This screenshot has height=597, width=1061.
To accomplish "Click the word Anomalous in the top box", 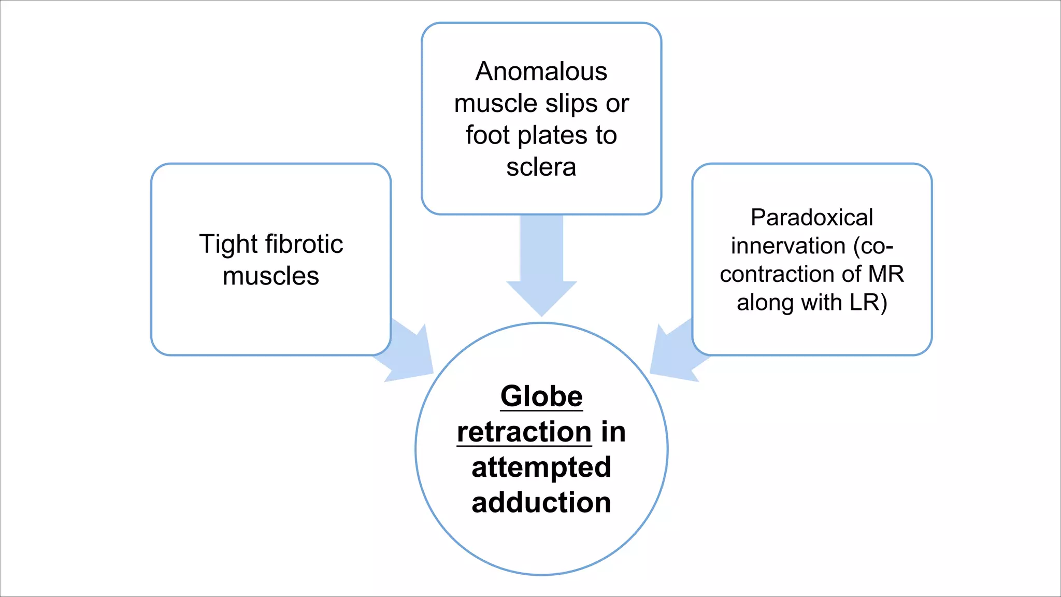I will point(541,72).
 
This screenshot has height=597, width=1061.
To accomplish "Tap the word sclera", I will point(541,167).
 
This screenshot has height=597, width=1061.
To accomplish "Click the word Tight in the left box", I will point(228,245).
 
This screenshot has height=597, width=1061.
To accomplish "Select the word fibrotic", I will point(304,244).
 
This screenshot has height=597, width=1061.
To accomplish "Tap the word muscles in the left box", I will point(270,276).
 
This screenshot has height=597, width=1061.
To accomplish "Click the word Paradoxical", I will point(811,218).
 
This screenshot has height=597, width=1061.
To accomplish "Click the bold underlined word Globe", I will point(541,396).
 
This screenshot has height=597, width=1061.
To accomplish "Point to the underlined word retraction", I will point(524,432).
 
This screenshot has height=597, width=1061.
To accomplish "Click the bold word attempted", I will point(541,467).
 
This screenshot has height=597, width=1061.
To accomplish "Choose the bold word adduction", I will point(541,503).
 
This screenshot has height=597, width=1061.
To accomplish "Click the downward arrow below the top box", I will point(541,269).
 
